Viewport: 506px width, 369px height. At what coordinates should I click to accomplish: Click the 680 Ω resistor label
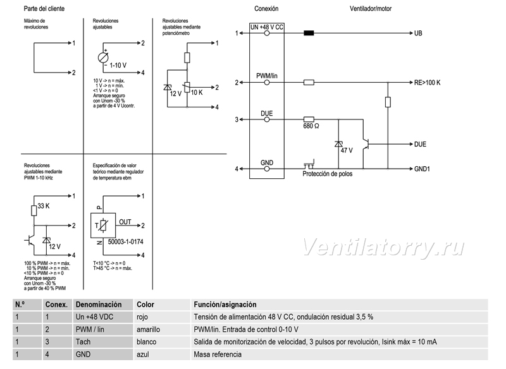[x=311, y=126]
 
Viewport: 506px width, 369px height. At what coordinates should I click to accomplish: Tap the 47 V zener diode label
[x=347, y=150]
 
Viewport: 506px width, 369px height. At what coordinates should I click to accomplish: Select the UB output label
[x=418, y=33]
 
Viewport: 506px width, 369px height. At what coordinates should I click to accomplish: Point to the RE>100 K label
[x=428, y=83]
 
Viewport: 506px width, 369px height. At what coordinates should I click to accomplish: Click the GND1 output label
[x=422, y=169]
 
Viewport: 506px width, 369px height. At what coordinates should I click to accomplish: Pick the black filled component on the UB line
[x=309, y=33]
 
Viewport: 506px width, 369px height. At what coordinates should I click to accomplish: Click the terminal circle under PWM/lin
[x=267, y=83]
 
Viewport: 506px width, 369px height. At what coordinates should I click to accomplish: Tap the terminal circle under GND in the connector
[x=267, y=169]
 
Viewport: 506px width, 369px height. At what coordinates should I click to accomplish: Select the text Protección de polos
[x=327, y=174]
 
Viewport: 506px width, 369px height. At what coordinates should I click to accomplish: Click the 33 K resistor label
[x=44, y=206]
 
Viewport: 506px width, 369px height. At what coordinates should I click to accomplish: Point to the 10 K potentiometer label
[x=197, y=92]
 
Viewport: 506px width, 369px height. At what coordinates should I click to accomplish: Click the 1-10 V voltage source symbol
[x=103, y=57]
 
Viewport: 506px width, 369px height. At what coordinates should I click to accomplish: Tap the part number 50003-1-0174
[x=125, y=242]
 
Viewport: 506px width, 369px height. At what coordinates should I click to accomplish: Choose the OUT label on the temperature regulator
[x=125, y=222]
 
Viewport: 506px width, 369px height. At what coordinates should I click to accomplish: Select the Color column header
[x=145, y=305]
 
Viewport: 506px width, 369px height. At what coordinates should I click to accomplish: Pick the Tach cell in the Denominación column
[x=83, y=342]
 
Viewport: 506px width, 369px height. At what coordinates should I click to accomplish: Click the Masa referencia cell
[x=218, y=354]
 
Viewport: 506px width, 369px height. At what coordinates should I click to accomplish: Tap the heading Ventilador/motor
[x=371, y=9]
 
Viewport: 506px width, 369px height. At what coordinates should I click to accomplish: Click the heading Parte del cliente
[x=44, y=9]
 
